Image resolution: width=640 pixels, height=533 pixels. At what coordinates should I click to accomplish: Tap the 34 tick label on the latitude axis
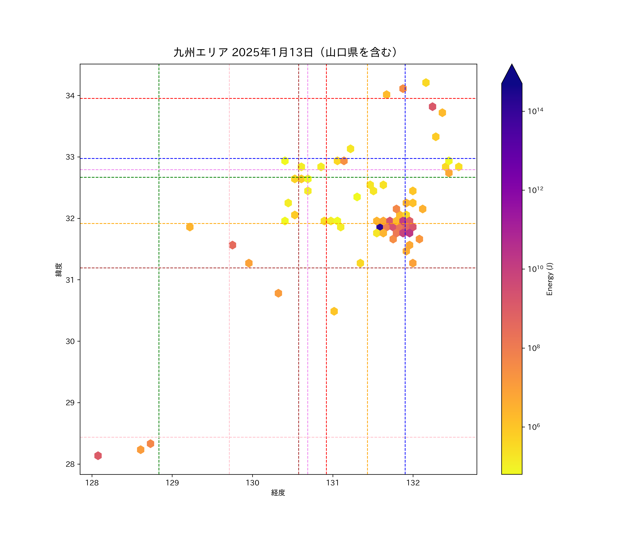70,96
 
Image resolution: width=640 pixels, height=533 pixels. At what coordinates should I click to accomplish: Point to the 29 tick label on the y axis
70,403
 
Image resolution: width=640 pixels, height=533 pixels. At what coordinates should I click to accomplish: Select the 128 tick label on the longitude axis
92,483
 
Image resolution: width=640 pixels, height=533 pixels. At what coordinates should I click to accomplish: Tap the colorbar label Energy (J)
550,279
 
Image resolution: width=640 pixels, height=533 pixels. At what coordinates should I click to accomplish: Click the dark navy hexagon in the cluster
380,227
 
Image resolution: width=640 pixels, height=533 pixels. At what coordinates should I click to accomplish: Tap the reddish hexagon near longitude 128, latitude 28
98,456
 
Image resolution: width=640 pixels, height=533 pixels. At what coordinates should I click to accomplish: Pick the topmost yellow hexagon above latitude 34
426,83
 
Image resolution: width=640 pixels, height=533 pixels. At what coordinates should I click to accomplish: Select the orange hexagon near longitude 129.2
190,227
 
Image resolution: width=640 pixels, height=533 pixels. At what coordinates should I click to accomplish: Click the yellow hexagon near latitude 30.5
334,311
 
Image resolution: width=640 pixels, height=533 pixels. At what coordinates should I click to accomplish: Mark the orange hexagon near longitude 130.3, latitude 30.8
278,293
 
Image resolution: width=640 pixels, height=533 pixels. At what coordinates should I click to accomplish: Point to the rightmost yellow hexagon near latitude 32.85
459,167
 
